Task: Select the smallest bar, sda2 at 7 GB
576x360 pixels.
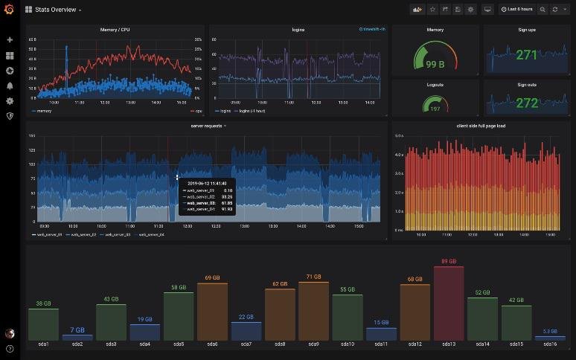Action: pyautogui.click(x=77, y=337)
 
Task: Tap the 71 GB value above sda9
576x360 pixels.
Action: pyautogui.click(x=313, y=277)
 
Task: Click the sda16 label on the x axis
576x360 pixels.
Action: pyautogui.click(x=550, y=344)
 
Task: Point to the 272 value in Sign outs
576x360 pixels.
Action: pyautogui.click(x=526, y=103)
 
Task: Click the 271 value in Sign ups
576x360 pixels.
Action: pyautogui.click(x=526, y=55)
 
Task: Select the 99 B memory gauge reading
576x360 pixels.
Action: pyautogui.click(x=435, y=64)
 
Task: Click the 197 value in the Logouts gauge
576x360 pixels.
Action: pyautogui.click(x=435, y=109)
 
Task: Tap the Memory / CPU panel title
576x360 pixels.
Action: pyautogui.click(x=115, y=30)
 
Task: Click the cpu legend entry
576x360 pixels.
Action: pyautogui.click(x=199, y=111)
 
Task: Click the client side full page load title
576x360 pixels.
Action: pyautogui.click(x=481, y=126)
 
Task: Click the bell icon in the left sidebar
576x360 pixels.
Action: pyautogui.click(x=10, y=86)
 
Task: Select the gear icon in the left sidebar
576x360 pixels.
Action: pyautogui.click(x=10, y=100)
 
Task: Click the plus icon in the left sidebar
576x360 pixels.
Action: pyautogui.click(x=10, y=39)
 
